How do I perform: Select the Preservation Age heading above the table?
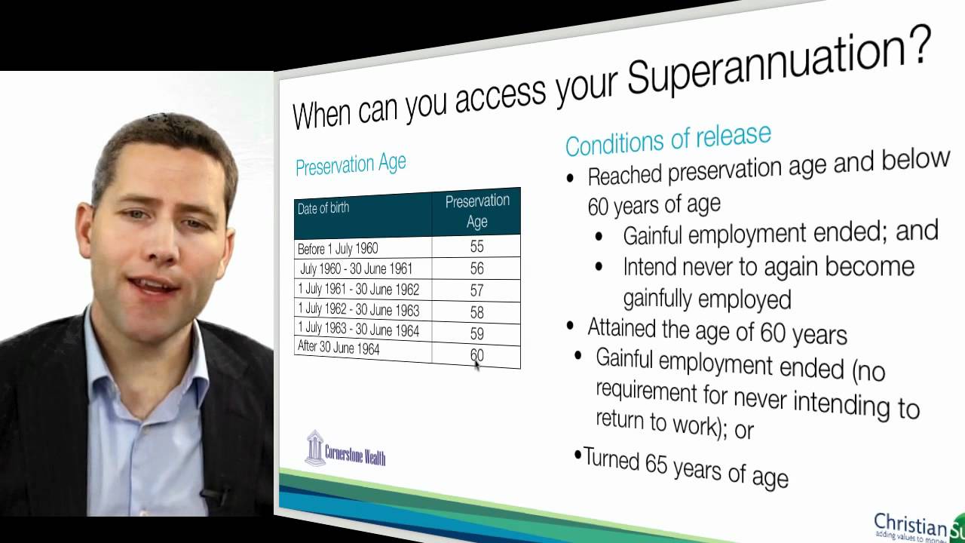click(x=351, y=164)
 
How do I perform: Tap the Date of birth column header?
click(x=323, y=208)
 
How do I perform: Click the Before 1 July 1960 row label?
click(x=338, y=248)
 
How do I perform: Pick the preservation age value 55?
click(x=476, y=247)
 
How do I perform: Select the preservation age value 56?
click(x=476, y=268)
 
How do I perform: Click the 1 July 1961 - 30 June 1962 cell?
click(x=358, y=290)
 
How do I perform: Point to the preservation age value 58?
click(x=476, y=311)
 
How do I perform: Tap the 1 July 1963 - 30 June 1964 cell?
click(x=358, y=330)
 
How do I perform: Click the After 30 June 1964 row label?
click(x=339, y=349)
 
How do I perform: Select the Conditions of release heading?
click(x=668, y=140)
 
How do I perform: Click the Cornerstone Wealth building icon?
click(x=314, y=448)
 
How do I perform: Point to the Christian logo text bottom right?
click(x=910, y=523)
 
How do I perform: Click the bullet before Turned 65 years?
click(x=578, y=455)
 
